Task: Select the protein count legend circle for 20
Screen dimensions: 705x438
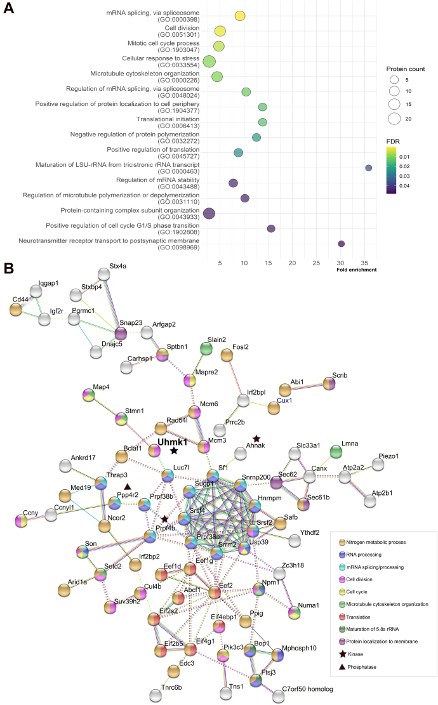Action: (x=394, y=118)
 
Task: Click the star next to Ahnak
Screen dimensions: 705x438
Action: (x=256, y=439)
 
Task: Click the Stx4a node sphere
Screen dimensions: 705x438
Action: (x=105, y=273)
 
